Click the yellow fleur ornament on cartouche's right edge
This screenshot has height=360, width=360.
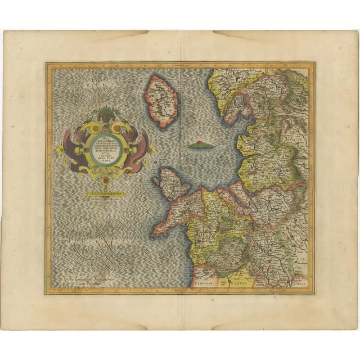pyautogui.click(x=152, y=149)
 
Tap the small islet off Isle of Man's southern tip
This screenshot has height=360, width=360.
pyautogui.click(x=160, y=128)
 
